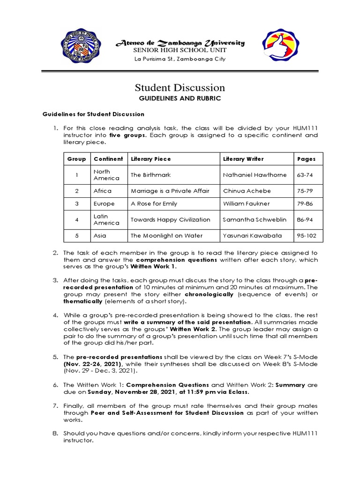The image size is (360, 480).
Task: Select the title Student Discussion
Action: (180, 88)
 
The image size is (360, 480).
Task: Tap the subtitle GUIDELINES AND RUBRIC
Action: (180, 99)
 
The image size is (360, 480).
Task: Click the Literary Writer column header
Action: (244, 159)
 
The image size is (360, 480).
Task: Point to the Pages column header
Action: (307, 159)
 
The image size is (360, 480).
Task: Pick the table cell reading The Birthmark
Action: (150, 175)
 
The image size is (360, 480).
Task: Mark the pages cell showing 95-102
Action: (307, 235)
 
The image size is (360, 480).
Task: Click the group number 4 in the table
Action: (76, 219)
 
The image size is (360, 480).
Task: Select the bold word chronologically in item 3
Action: (209, 294)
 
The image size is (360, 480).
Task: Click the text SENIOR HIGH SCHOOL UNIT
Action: (180, 50)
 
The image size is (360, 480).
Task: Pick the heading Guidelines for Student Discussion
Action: (94, 114)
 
